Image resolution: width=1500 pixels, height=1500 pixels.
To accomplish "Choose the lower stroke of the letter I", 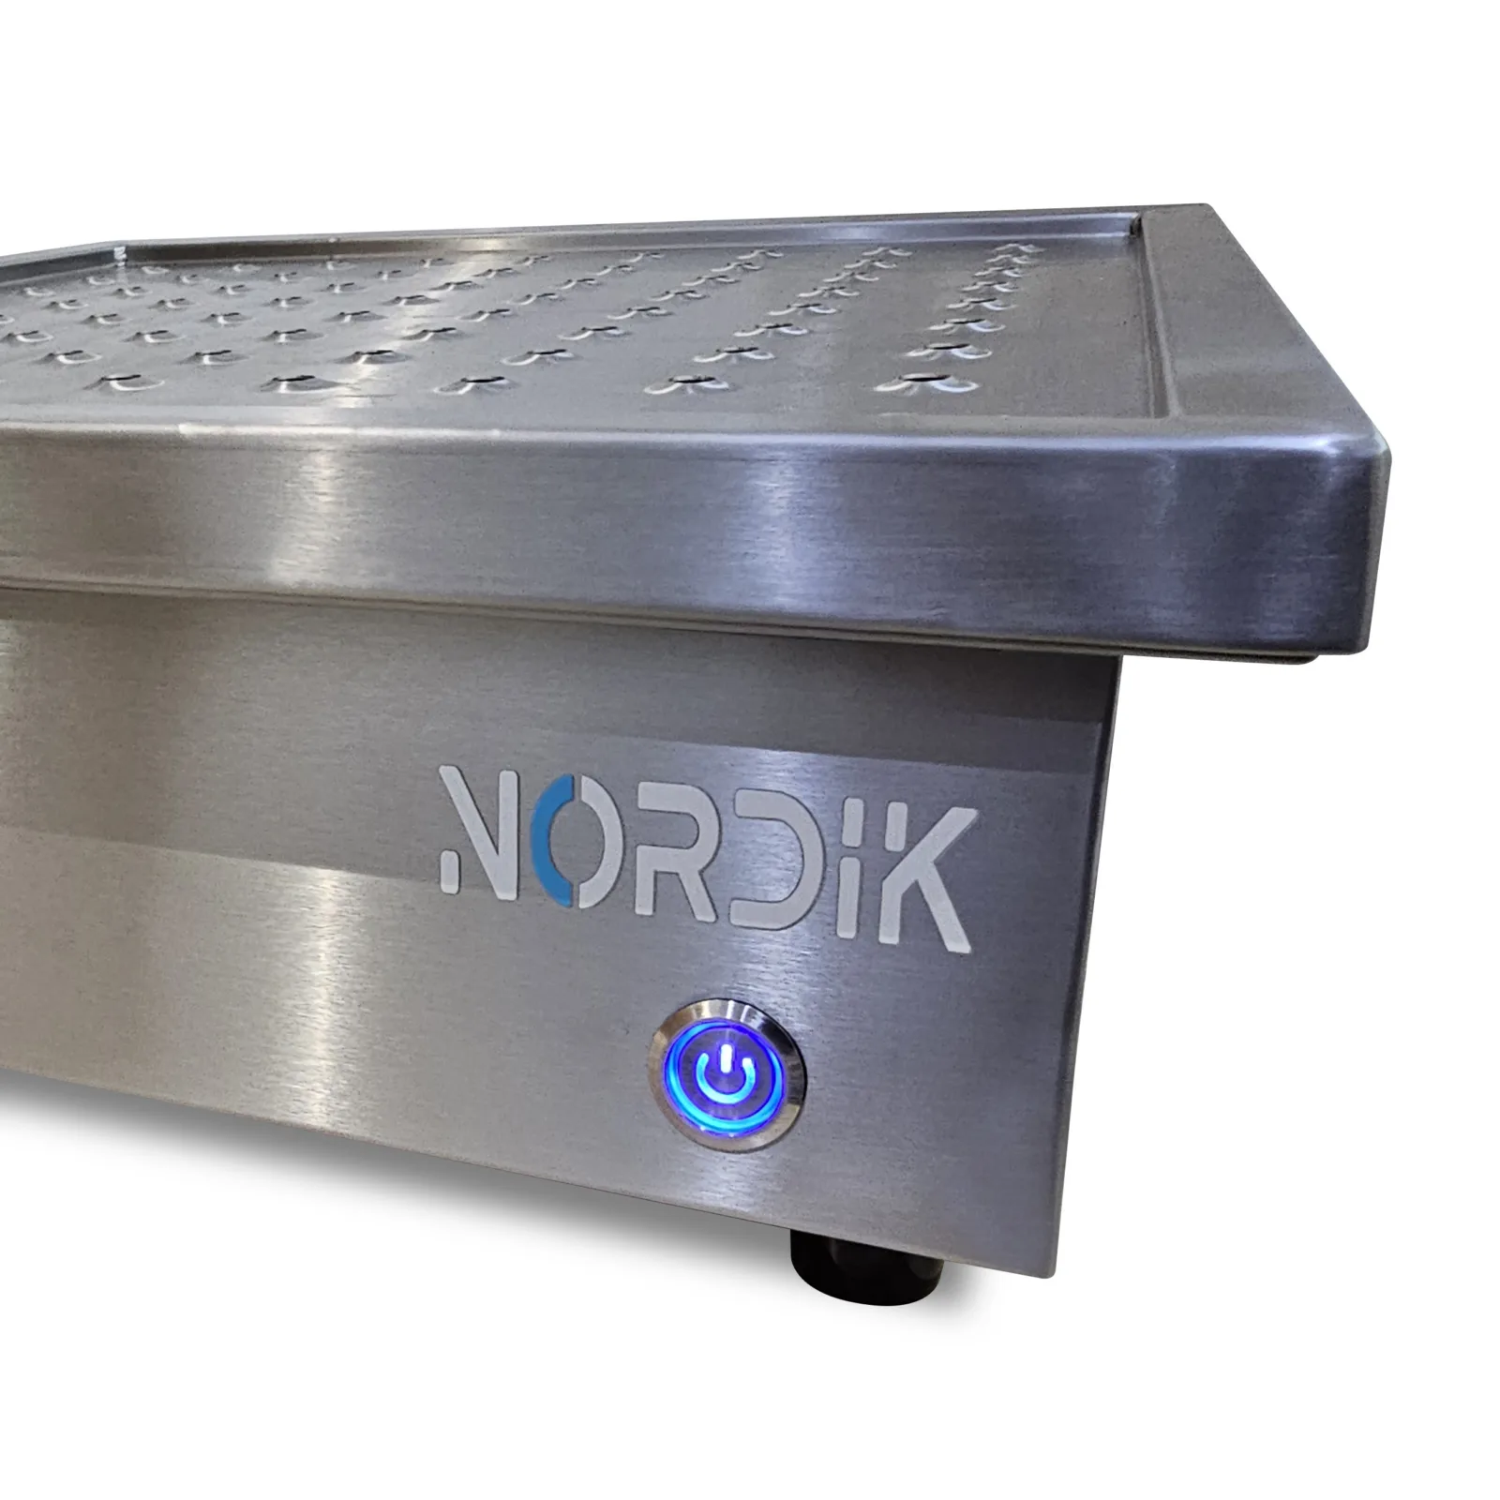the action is coord(840,880).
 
